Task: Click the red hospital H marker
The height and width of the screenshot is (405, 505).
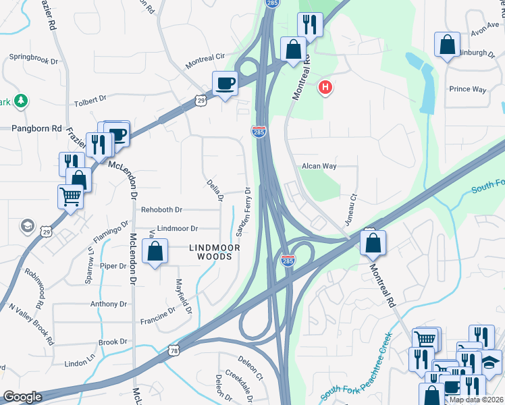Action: point(326,87)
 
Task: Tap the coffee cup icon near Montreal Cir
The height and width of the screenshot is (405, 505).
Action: point(225,84)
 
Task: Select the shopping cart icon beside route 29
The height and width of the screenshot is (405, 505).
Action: point(70,196)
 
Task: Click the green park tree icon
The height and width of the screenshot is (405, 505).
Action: point(22,101)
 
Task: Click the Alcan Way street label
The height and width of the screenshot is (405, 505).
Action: point(319,165)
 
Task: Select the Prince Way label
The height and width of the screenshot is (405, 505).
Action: point(468,89)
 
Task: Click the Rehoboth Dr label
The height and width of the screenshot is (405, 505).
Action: point(161,210)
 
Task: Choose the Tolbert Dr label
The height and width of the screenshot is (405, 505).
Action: point(89,99)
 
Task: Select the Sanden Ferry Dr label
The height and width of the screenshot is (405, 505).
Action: point(243,211)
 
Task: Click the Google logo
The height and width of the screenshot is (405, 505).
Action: point(22,397)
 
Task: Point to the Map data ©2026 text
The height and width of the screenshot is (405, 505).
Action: point(477,400)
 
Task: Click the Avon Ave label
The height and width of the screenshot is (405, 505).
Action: point(483,32)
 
